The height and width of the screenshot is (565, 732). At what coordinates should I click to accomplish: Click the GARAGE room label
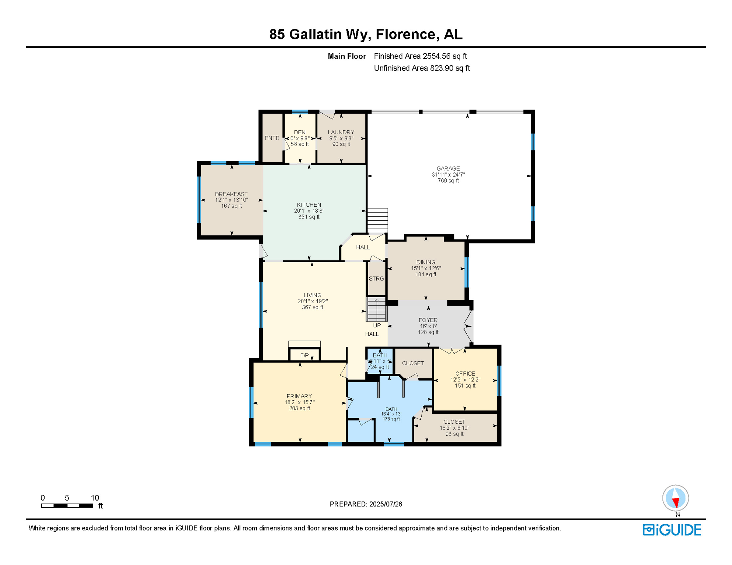(448, 168)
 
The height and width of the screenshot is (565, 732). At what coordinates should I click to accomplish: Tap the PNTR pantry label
(272, 138)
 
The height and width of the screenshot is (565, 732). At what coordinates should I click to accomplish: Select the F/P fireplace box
(304, 355)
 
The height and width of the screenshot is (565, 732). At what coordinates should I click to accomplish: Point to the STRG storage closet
(376, 278)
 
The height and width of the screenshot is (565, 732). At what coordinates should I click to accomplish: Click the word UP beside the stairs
(377, 325)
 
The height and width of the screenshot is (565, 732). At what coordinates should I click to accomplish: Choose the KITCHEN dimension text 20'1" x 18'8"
(309, 211)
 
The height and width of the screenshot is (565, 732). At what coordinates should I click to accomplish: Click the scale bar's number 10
(95, 498)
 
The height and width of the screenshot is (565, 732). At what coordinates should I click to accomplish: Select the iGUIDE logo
(672, 530)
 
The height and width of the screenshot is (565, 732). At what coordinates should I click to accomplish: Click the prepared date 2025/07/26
(386, 504)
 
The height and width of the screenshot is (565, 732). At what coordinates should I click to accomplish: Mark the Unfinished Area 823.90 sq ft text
(422, 68)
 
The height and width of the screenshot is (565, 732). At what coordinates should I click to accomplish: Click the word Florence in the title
(405, 34)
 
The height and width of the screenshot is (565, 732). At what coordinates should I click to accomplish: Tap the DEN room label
(300, 132)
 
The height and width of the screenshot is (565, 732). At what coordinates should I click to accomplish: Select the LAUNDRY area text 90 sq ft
(341, 144)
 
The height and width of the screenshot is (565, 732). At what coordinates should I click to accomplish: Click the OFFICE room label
(465, 373)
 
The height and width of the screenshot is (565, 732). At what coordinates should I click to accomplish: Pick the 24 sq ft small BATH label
(380, 367)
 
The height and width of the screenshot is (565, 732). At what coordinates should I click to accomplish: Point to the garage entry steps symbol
(377, 220)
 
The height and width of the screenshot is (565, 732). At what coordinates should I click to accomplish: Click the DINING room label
(426, 262)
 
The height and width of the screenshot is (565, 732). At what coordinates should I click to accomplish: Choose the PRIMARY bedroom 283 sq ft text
(299, 408)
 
